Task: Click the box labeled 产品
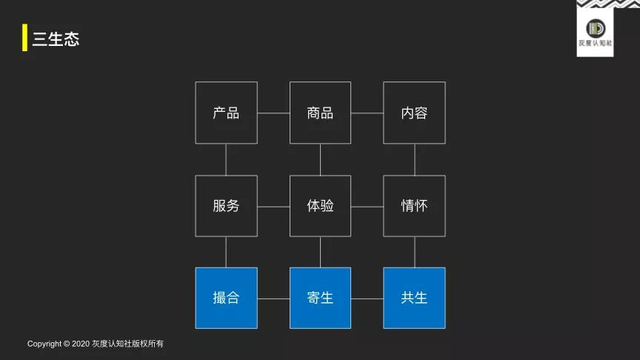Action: pos(226,113)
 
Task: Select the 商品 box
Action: pos(320,113)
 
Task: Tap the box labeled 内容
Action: pos(414,113)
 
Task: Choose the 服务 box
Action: pos(226,206)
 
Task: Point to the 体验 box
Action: pos(320,206)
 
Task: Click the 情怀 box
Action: pos(414,206)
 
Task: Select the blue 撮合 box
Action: pos(226,298)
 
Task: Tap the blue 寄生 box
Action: pos(320,298)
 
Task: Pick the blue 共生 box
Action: pos(414,298)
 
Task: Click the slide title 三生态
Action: pos(56,39)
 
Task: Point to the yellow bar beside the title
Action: pos(24,39)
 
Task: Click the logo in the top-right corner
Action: pos(595,29)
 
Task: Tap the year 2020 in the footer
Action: pos(81,344)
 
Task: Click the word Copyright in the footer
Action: pos(44,344)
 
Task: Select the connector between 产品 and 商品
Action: pos(273,113)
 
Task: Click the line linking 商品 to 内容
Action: pos(367,113)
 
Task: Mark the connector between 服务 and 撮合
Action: pos(226,252)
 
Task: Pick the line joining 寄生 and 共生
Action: pos(367,299)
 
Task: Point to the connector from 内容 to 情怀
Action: pos(414,159)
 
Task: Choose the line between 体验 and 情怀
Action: pos(367,207)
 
